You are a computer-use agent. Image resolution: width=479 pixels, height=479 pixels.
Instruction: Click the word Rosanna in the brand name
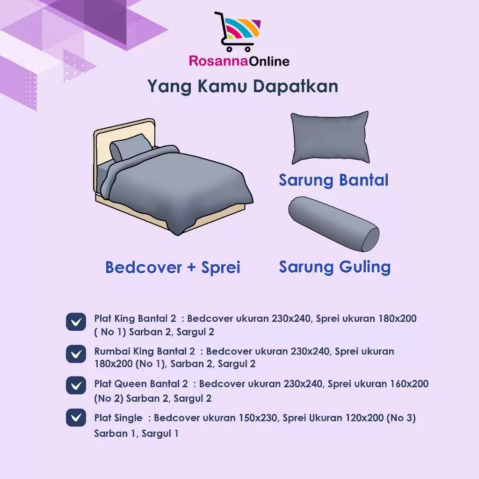[x=218, y=61]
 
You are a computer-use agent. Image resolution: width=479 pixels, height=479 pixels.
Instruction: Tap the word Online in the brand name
[x=269, y=61]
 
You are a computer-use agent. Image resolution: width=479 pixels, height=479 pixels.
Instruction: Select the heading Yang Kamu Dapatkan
[x=243, y=86]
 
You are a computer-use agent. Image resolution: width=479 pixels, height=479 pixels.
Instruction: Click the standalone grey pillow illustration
[x=330, y=138]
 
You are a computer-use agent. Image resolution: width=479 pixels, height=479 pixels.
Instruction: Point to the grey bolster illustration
[x=334, y=224]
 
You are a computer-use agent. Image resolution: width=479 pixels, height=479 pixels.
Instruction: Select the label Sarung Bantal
[x=334, y=180]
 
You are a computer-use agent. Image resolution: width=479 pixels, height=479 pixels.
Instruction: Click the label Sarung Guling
[x=335, y=267]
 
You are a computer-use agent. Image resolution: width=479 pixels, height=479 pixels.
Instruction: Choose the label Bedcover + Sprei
[x=173, y=267]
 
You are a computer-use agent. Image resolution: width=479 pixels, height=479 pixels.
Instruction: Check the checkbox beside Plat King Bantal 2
[x=76, y=322]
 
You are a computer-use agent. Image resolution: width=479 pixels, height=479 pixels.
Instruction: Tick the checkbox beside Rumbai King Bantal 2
[x=76, y=354]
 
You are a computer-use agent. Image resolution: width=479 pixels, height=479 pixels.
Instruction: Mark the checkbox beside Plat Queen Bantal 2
[x=76, y=385]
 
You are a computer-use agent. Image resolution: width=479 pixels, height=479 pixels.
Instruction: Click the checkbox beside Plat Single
[x=76, y=417]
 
